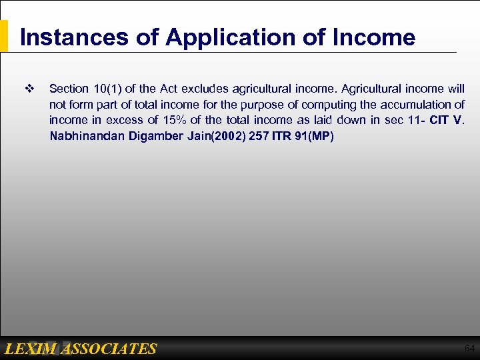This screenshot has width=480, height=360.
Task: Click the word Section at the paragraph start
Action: pos(69,89)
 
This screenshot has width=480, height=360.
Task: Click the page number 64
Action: pos(469,348)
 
